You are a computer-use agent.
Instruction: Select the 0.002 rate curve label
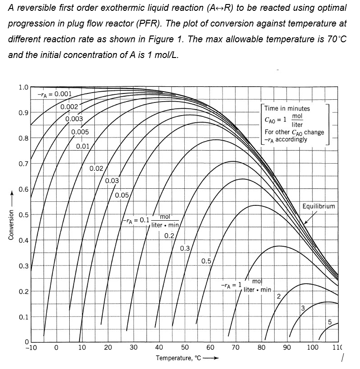70,107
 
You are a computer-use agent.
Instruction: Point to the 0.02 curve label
97,169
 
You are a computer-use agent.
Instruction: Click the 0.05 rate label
122,195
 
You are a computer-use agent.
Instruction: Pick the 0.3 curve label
185,248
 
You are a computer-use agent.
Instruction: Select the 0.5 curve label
206,261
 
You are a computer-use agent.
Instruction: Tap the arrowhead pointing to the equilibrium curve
305,222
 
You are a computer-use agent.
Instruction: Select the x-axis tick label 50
185,347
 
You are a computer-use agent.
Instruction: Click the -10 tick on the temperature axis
30,347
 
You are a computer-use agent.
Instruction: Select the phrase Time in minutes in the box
287,108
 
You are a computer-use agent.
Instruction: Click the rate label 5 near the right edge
330,322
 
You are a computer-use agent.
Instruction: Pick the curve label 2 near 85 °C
279,296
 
